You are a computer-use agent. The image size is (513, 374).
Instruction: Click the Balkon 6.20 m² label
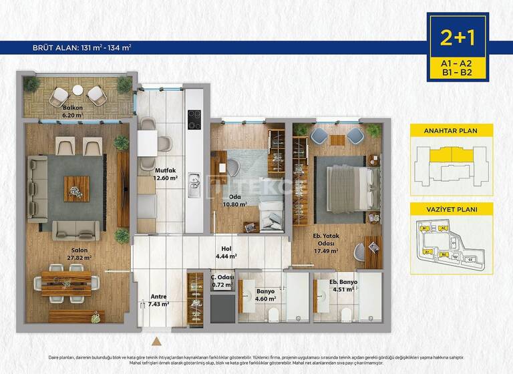tap(73, 111)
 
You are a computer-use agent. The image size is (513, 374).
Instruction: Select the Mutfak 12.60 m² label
tap(165, 174)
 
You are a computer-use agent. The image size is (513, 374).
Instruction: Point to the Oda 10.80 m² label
tap(234, 201)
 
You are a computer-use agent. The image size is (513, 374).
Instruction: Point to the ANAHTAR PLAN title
tap(452, 131)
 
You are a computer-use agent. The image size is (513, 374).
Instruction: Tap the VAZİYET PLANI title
tap(452, 209)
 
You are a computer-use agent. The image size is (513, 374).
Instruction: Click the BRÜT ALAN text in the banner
tap(82, 47)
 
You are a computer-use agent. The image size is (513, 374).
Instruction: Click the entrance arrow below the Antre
tap(156, 341)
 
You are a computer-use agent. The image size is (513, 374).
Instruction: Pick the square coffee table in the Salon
tap(76, 188)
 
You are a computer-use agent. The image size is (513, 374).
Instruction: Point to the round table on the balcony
tap(78, 90)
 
